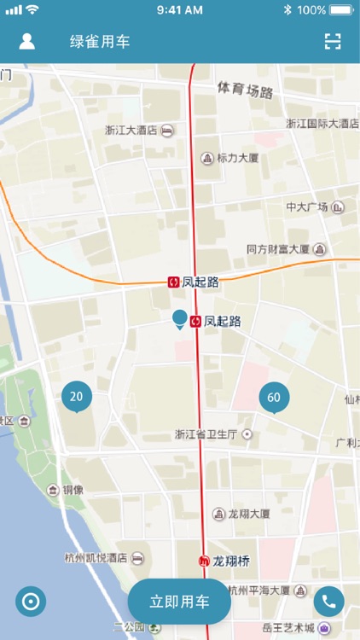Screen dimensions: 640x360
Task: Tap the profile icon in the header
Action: (x=27, y=42)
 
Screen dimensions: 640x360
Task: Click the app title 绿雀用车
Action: (x=100, y=42)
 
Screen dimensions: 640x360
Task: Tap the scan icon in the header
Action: (x=333, y=42)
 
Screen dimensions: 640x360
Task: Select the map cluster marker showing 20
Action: (x=77, y=396)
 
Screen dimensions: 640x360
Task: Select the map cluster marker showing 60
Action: (x=274, y=398)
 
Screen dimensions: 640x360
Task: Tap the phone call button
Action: (x=328, y=602)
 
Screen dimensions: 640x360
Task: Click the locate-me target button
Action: (x=31, y=602)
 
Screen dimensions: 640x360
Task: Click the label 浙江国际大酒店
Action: (x=322, y=124)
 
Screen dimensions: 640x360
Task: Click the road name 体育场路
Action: (x=245, y=90)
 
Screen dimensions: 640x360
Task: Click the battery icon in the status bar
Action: (x=341, y=10)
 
